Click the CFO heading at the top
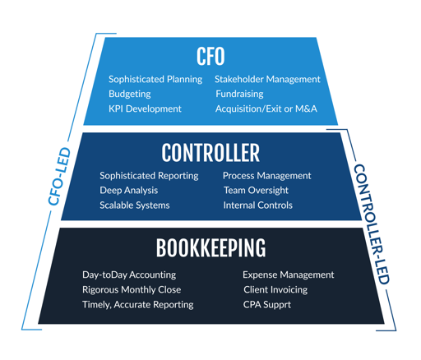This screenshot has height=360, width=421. pos(210,56)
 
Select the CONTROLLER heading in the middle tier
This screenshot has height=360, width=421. pos(210,152)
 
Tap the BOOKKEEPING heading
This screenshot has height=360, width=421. pos(210,248)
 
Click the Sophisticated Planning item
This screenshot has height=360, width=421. pos(155,79)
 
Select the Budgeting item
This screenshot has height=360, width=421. pos(130,94)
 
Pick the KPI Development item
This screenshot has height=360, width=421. pos(146,108)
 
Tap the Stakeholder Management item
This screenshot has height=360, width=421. pos(267,79)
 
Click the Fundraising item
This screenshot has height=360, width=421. pos(239,94)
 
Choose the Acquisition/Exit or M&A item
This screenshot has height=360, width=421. pos(266,108)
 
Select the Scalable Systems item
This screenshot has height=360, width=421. pos(135,205)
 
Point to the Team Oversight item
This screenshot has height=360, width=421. pos(256,190)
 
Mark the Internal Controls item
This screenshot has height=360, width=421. pos(257,205)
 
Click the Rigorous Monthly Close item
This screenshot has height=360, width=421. pos(132,289)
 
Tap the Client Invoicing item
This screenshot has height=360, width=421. pos(275,289)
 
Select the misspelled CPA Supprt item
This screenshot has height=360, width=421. pos(266,304)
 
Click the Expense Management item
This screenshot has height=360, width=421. pos(288,275)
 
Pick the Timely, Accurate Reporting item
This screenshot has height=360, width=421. pos(138,304)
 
